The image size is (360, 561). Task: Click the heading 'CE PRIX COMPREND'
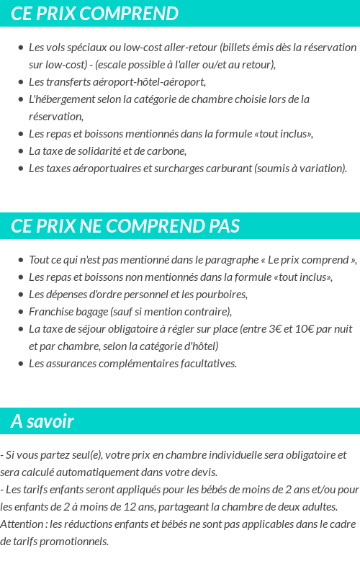(x=95, y=14)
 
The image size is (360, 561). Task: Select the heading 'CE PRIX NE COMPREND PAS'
(x=125, y=226)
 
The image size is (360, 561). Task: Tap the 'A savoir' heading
(x=42, y=421)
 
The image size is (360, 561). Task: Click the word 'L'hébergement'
(x=61, y=99)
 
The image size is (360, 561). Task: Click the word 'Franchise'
(x=51, y=312)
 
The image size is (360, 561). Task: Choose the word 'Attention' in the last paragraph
(x=22, y=524)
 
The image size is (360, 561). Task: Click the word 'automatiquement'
(x=106, y=472)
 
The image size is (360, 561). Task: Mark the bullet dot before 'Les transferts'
(x=21, y=82)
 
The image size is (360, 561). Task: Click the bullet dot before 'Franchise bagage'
(x=21, y=312)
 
